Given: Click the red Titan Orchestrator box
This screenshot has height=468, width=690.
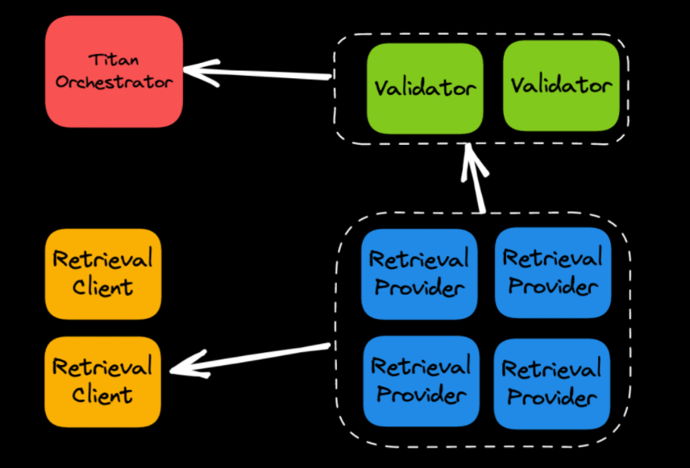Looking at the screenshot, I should (x=114, y=72).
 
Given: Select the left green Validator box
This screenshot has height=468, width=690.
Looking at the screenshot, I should (x=425, y=87).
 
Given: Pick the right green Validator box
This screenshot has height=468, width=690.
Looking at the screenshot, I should (x=561, y=85).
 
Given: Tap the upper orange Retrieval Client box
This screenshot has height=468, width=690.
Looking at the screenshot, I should (x=102, y=273).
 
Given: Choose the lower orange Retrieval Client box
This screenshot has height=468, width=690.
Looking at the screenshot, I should (x=102, y=381).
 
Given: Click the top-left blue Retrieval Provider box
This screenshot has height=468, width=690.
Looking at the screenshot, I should (x=419, y=273).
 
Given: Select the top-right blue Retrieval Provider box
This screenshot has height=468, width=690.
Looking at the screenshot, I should (x=552, y=271).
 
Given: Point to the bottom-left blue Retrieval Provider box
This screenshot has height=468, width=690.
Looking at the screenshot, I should (x=421, y=380).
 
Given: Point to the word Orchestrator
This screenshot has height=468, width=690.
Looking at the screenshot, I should (x=114, y=82).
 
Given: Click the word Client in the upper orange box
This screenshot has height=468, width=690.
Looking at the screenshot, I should (x=102, y=287).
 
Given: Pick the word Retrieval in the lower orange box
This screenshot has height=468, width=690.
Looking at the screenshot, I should (x=102, y=367).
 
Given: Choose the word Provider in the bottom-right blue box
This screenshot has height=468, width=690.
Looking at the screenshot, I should (x=551, y=397).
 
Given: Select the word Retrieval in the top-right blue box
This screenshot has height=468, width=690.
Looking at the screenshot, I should (x=552, y=258).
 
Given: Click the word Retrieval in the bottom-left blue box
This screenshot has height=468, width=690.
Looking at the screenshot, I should (x=421, y=367).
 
